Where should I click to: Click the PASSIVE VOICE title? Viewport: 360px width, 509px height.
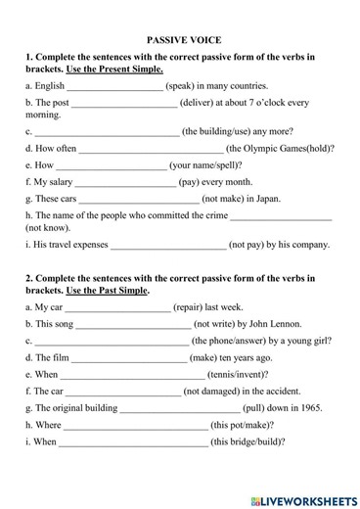point(184,40)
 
